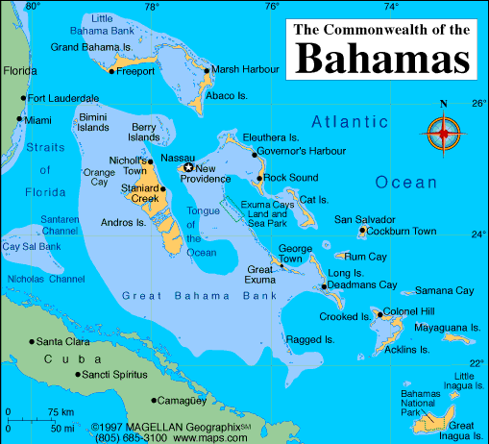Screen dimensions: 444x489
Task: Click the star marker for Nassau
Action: [x=188, y=168]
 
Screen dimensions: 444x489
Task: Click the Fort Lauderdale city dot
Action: [x=23, y=98]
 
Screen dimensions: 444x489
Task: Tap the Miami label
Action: [x=38, y=120]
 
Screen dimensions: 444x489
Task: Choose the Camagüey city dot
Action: [x=154, y=400]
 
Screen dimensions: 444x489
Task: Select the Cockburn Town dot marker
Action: [x=361, y=231]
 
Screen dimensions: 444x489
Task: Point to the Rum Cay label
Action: [x=364, y=257]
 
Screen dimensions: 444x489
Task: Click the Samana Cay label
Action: [x=444, y=290]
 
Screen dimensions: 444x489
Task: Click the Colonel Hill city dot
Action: [x=378, y=311]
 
